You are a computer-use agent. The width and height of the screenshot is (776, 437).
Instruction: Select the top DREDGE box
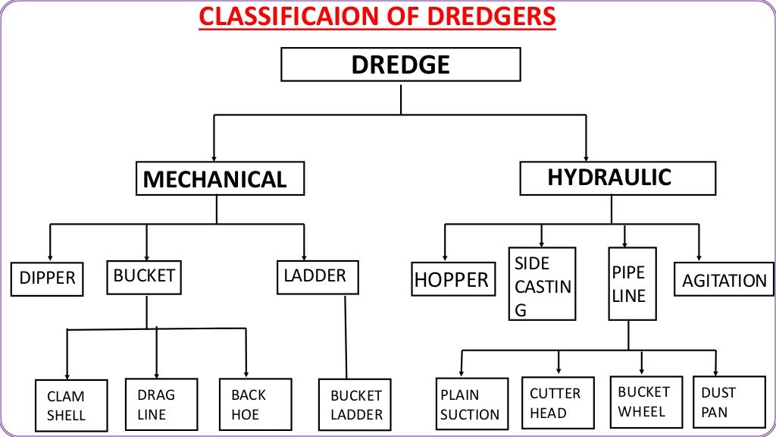pos(400,64)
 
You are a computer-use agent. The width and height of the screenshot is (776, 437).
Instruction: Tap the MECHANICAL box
pos(220,179)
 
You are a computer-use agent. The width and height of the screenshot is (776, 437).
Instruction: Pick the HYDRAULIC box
pos(617,178)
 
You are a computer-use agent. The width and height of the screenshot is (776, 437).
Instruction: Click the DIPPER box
pos(47,278)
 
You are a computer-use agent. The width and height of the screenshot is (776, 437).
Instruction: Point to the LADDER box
pos(317,277)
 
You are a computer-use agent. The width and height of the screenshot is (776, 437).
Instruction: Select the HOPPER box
pos(452,279)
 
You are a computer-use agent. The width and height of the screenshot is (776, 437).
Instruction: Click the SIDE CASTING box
pos(542,285)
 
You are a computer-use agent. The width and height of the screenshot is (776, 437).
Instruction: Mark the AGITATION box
pos(724,280)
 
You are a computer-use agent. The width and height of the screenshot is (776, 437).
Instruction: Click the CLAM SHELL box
pos(67,406)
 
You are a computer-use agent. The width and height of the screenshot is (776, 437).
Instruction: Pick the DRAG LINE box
pos(161,404)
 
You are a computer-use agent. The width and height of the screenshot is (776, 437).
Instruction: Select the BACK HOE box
pos(255,404)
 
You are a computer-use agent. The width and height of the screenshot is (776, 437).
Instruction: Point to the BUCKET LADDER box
pos(355,405)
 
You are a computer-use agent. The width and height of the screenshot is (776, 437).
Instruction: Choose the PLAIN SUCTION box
pos(471,404)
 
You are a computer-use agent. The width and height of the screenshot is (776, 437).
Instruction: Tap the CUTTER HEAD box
pos(557,403)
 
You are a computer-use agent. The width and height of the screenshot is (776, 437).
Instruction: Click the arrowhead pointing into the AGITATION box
pos(699,257)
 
